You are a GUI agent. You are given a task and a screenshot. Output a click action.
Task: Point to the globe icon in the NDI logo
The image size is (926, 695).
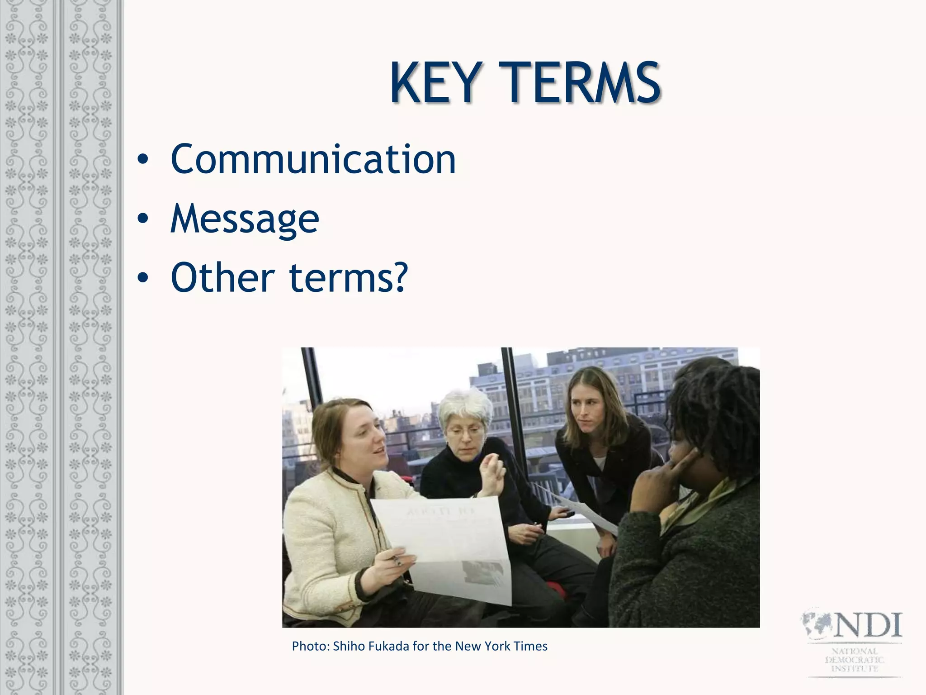[817, 625]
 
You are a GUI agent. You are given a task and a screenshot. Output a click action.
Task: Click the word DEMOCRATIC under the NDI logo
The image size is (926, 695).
[855, 660]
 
